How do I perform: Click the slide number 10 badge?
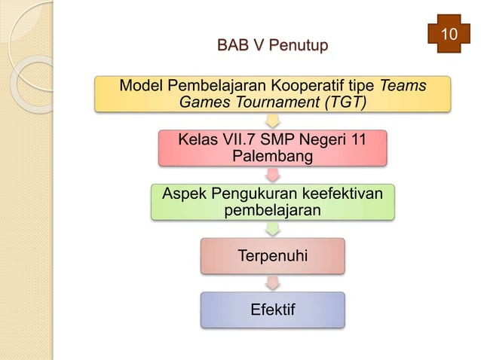point(449,35)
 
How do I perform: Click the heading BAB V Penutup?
point(272,47)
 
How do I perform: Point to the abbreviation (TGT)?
point(343,102)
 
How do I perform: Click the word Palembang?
point(272,156)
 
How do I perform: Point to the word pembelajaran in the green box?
point(272,210)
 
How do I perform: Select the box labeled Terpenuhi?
point(272,256)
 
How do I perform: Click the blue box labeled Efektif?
point(272,310)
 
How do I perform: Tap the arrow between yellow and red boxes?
point(272,121)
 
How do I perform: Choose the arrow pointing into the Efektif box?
point(272,282)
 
